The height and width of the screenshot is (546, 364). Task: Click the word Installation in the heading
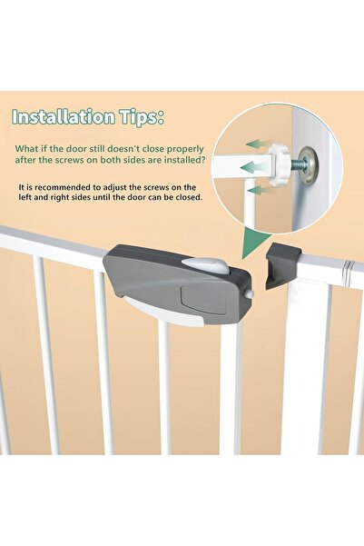[x=63, y=117]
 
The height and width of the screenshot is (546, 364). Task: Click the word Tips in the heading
[x=142, y=118]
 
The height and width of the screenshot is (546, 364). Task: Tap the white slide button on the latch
[x=206, y=265]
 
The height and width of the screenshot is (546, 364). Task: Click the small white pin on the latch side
[x=249, y=294]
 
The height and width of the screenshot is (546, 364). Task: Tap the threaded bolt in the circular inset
[x=298, y=161]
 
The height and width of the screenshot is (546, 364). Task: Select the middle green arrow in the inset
[x=254, y=166]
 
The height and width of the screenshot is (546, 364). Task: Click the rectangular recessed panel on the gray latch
[x=192, y=295]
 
